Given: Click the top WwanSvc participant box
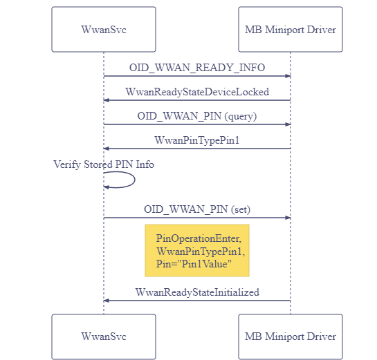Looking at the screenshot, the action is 104,29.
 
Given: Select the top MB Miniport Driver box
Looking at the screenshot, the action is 291,29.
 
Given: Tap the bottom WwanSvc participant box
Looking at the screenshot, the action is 104,337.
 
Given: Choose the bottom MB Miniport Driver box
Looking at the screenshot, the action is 291,337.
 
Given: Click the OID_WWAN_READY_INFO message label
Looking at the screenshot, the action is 197,68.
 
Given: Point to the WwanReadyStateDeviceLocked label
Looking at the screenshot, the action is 197,92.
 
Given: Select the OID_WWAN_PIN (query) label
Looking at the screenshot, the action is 197,116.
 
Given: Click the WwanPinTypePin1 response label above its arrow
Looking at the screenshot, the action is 197,140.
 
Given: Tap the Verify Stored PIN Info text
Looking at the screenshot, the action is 104,164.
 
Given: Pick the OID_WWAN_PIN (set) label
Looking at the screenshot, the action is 197,209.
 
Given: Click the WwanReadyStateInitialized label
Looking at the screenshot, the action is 197,292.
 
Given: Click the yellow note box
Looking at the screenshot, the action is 197,251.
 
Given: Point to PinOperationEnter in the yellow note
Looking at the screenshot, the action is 198,238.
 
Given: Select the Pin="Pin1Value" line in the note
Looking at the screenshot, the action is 194,264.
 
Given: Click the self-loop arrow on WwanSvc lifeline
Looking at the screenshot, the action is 135,180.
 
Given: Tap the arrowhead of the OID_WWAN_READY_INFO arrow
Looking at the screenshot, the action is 288,76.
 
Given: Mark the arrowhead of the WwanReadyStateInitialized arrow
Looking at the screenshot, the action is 106,301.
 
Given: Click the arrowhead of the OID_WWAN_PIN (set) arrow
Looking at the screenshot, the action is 288,218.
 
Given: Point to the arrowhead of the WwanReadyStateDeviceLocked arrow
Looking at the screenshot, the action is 106,100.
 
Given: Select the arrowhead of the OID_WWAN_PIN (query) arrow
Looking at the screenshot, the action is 288,124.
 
